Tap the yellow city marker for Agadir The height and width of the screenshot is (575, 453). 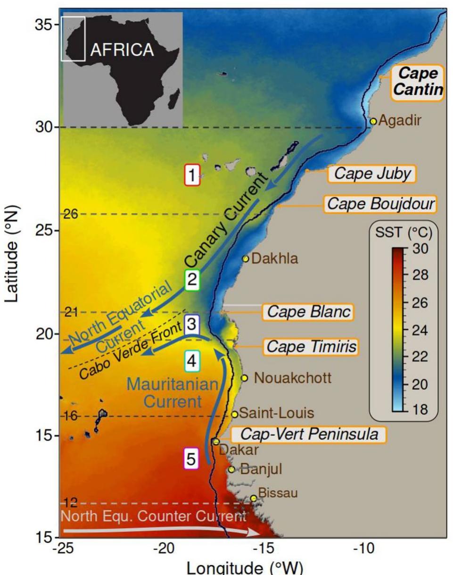click(373, 121)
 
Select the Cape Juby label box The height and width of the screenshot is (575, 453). click(372, 175)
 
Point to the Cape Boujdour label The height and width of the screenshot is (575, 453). click(380, 204)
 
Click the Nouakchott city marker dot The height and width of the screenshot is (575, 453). click(244, 378)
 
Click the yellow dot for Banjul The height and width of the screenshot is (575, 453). click(231, 469)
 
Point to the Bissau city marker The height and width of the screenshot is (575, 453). click(254, 498)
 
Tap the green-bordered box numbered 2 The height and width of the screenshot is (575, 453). click(192, 281)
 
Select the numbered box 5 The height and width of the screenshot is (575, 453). click(191, 458)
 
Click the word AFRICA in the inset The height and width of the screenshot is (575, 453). click(122, 50)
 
